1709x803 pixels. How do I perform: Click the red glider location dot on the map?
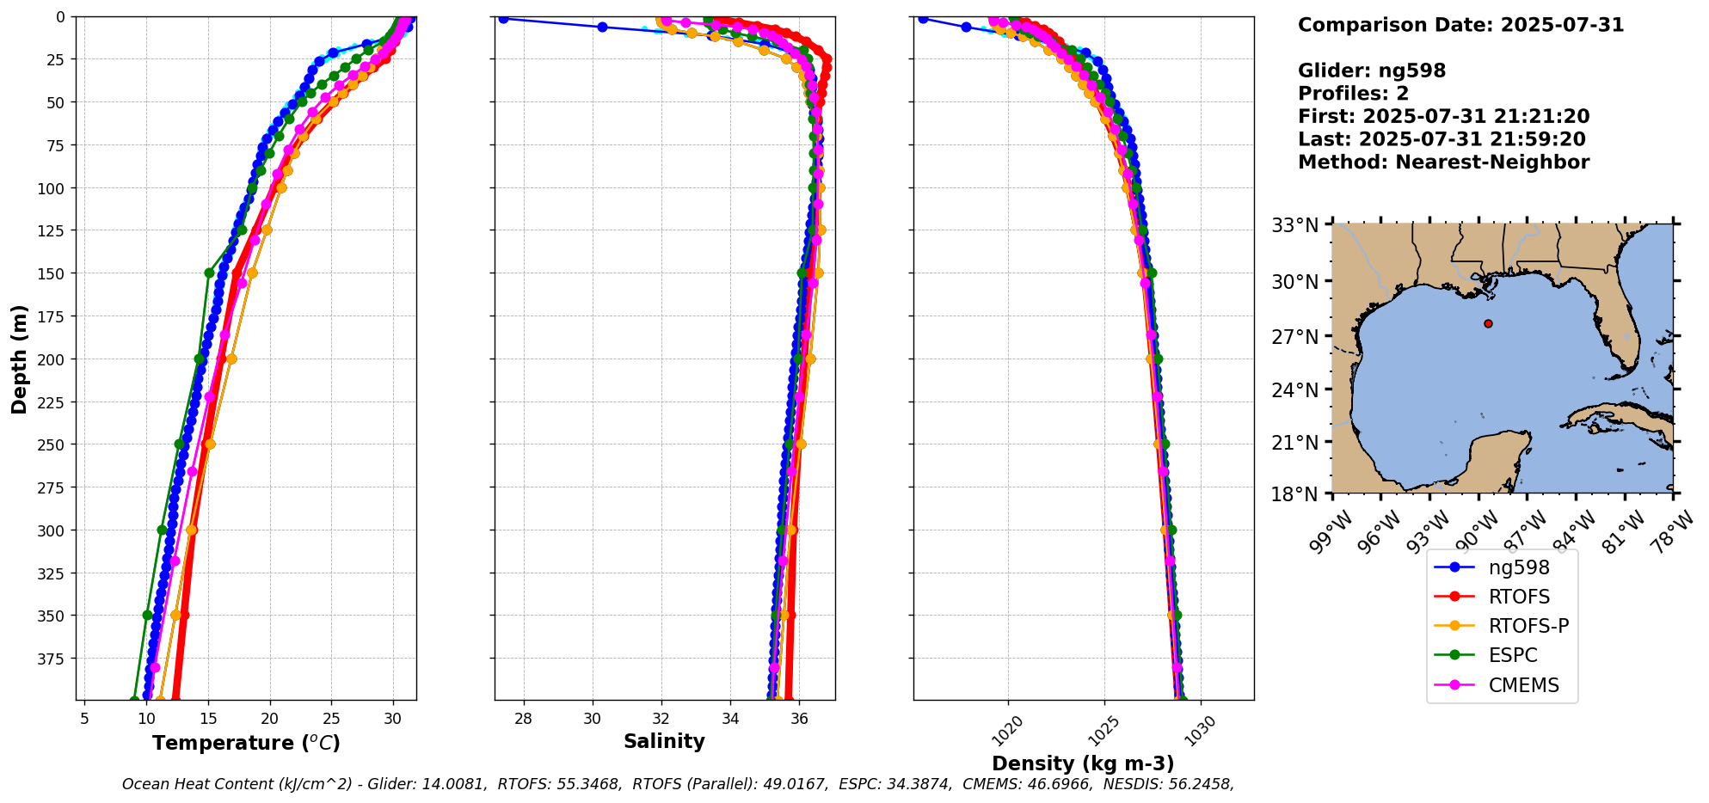(x=1488, y=323)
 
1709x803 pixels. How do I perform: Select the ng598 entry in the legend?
(x=1518, y=567)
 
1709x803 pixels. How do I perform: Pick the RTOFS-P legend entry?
(x=1528, y=626)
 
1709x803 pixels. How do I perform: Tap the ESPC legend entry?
(x=1512, y=655)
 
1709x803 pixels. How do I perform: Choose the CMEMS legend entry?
(x=1523, y=685)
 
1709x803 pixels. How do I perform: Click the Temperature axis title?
(x=246, y=743)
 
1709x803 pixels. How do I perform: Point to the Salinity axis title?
(x=664, y=741)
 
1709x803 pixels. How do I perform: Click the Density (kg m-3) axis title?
(x=1083, y=763)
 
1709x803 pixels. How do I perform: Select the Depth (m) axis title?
(x=19, y=359)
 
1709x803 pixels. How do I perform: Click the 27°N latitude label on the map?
(x=1294, y=336)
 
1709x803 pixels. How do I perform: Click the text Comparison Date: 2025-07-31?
(x=1460, y=25)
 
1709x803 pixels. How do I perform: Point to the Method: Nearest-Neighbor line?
(x=1443, y=162)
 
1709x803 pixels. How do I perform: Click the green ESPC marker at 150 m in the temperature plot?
(x=209, y=273)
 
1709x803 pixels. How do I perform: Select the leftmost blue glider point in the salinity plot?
(x=503, y=19)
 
